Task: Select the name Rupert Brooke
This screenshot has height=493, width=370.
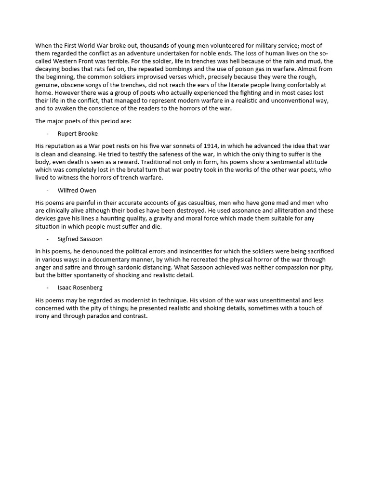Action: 78,133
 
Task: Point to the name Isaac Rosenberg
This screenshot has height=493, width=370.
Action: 80,287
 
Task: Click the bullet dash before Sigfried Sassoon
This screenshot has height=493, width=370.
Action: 48,239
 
